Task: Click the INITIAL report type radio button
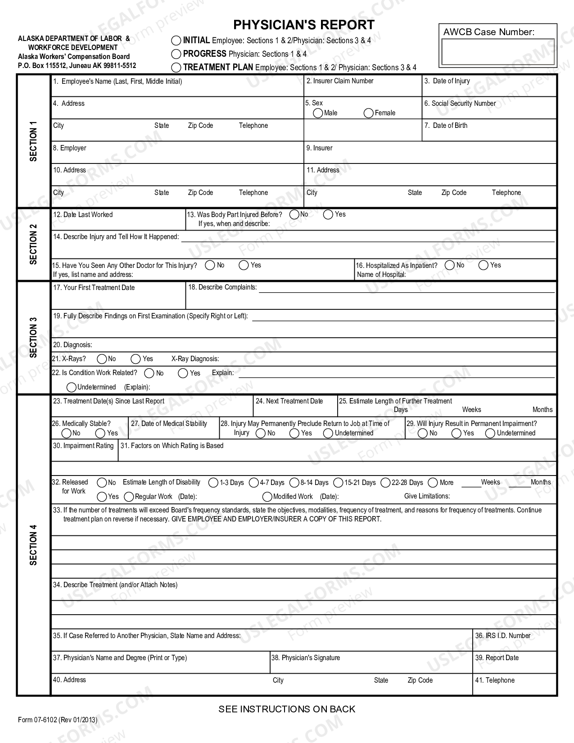pos(176,41)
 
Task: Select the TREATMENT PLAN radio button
pos(176,68)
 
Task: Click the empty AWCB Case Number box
pos(497,52)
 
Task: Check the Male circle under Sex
pos(318,113)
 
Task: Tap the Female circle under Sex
pos(369,113)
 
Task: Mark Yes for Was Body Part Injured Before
pos(328,215)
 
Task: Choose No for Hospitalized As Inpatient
pos(449,265)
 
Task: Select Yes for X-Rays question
pos(136,359)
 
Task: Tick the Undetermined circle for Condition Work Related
pos(71,387)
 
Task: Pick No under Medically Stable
pos(66,433)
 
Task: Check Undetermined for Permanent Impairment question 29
pos(490,433)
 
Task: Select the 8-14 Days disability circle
pos(294,483)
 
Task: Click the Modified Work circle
pos(267,497)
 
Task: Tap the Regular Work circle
pos(129,497)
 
